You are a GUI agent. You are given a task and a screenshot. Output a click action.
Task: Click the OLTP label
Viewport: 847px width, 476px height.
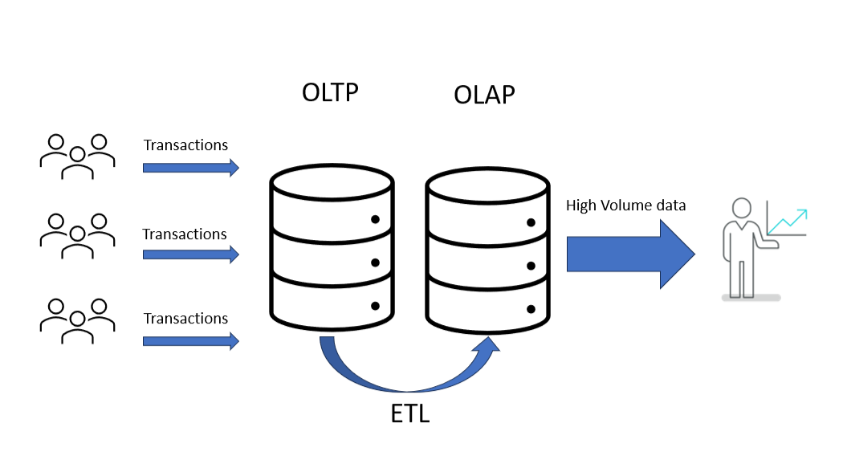[x=330, y=92]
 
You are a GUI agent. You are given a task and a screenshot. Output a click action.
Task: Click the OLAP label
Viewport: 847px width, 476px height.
[x=484, y=95]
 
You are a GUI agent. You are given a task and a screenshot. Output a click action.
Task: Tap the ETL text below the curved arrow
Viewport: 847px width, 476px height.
[x=409, y=415]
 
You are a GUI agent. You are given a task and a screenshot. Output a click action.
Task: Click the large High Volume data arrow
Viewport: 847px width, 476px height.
[x=629, y=254]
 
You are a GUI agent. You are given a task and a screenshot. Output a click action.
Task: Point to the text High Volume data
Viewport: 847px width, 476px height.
[x=625, y=205]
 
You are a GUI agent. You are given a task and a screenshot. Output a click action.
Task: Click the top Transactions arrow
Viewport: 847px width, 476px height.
[x=190, y=168]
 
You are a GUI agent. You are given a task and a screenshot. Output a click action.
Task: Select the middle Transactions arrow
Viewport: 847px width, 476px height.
[x=190, y=254]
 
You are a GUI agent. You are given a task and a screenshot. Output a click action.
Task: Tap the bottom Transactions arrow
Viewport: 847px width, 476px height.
[x=190, y=340]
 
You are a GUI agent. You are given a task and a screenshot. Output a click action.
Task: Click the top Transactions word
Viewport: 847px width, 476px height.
[x=185, y=145]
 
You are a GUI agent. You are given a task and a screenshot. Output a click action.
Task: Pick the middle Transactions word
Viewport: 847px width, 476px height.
[x=185, y=234]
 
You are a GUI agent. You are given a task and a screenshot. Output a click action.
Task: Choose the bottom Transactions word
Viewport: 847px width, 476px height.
[x=185, y=319]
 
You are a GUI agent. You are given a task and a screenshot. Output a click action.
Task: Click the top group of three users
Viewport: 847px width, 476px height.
[x=77, y=155]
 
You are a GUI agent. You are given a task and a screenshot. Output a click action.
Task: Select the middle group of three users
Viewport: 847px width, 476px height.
[x=77, y=236]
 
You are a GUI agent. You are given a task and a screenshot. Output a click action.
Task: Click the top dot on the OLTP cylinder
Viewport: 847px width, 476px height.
[x=375, y=219]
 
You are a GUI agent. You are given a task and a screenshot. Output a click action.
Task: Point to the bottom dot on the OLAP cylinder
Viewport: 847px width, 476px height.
[x=530, y=308]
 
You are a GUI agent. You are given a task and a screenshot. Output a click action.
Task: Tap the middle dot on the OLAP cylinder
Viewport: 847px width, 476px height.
[x=530, y=266]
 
